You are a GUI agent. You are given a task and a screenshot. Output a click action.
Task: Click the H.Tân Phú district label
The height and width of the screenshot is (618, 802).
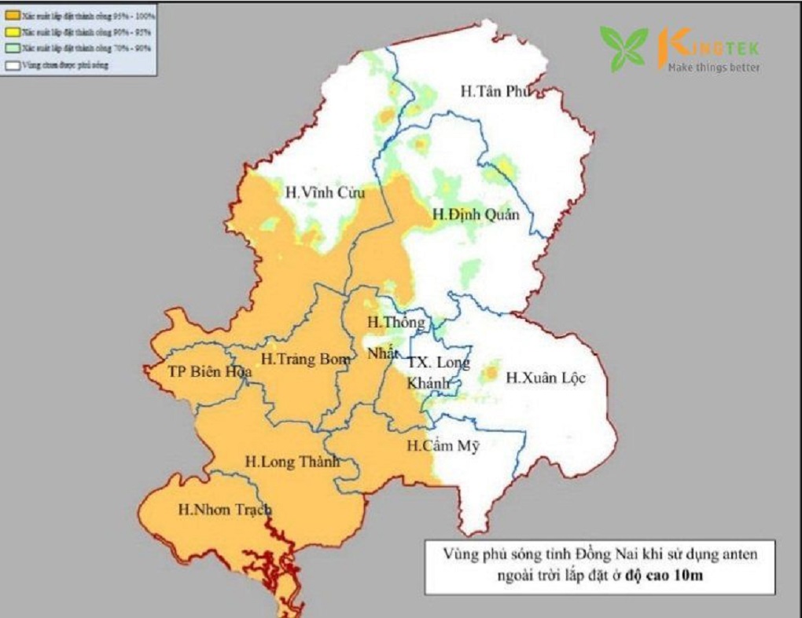495,92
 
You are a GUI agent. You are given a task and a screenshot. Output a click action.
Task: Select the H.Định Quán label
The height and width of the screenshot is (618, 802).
476,214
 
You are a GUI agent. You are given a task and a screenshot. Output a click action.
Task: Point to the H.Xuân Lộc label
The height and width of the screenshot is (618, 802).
546,378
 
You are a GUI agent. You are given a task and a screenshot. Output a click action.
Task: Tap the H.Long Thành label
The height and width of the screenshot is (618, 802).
292,462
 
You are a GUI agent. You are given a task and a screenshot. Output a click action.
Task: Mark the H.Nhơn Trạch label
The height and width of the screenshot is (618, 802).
224,510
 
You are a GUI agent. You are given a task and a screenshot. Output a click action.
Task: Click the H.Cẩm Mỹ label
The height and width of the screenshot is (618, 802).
443,446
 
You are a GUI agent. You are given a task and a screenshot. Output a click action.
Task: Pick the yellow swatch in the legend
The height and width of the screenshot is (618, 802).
13,32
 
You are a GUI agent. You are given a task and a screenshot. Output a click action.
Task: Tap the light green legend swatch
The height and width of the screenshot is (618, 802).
13,49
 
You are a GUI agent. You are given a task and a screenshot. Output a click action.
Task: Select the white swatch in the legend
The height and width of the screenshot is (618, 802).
13,65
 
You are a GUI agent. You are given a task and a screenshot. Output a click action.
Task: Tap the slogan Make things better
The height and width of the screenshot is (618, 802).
713,68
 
